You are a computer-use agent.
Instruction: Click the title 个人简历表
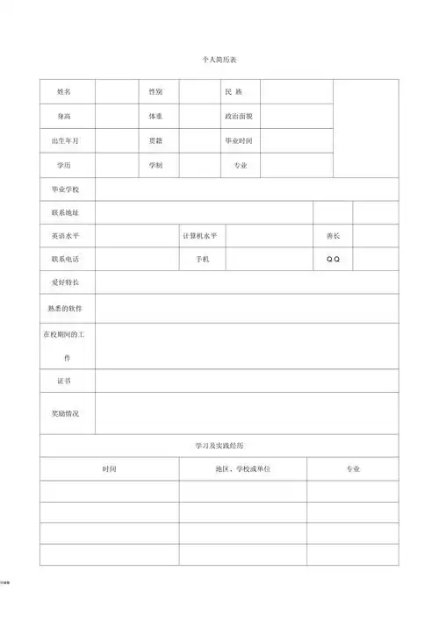tap(219, 59)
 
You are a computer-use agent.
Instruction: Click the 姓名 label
tap(64, 92)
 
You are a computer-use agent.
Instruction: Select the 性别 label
tap(155, 92)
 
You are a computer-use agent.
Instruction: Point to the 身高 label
tap(64, 116)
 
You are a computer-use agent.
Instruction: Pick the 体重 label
tap(155, 116)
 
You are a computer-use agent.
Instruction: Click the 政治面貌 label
tap(238, 116)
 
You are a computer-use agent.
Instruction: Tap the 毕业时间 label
tap(238, 140)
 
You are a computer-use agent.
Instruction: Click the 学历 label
tap(64, 165)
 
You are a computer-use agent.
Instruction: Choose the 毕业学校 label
tap(65, 189)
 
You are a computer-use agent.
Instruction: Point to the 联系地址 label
tap(65, 213)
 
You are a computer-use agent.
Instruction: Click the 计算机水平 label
tap(200, 236)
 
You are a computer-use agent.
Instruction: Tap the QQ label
tap(333, 260)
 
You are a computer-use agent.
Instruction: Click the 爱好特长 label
tap(65, 282)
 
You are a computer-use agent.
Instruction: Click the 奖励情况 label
tap(65, 413)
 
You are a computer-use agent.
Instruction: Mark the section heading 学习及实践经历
tap(219, 446)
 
